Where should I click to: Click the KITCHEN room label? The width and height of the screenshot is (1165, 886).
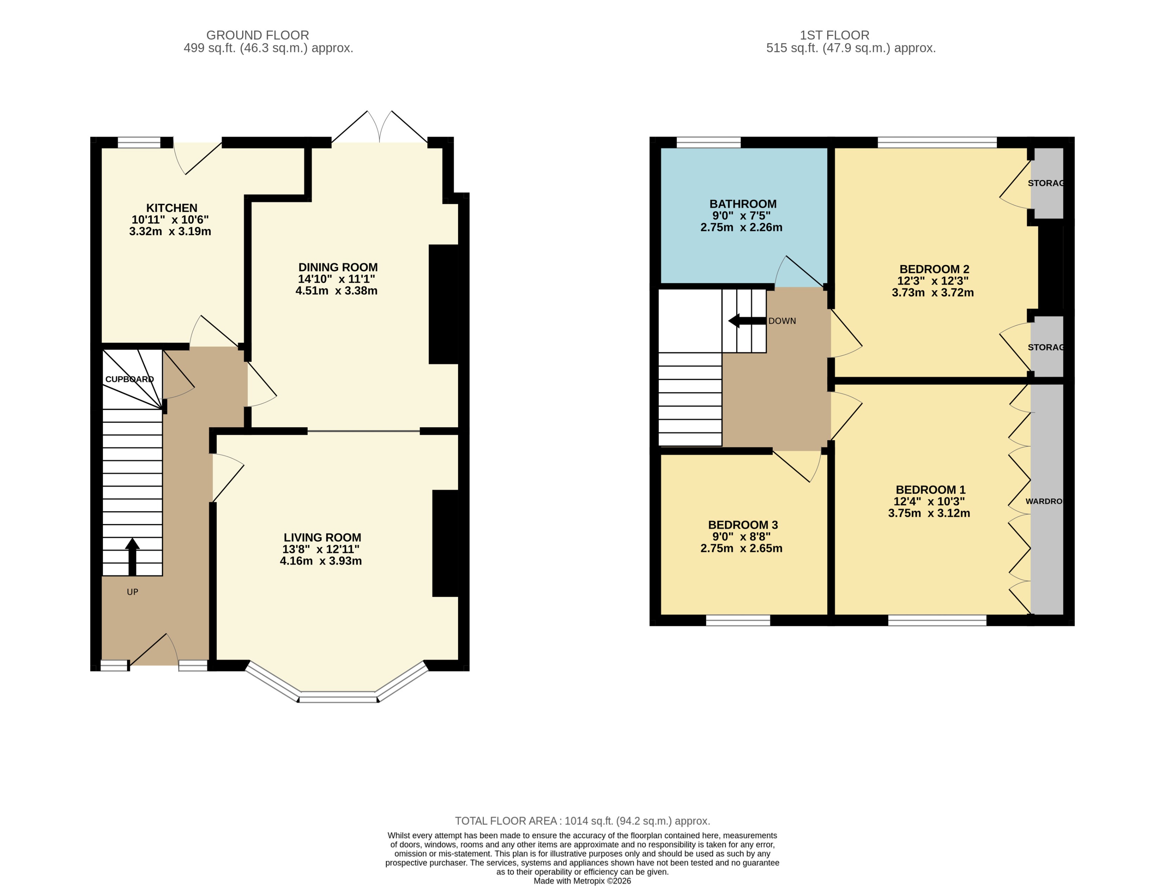pos(172,208)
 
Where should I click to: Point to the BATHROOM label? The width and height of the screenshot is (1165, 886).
pos(742,204)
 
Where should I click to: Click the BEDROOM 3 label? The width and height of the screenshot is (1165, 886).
pos(742,525)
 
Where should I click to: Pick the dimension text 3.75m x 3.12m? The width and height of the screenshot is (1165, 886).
pos(929,513)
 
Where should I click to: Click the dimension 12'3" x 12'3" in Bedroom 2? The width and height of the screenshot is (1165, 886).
pos(932,281)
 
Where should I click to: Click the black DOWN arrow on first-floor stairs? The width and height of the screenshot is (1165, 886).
pos(746,321)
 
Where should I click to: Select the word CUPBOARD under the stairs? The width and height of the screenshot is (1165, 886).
pos(129,379)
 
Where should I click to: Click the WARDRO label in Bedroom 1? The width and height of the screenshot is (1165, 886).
pos(1043,501)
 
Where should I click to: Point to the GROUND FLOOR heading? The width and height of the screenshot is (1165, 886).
pos(257,35)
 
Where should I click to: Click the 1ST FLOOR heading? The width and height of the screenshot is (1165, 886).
pos(834,35)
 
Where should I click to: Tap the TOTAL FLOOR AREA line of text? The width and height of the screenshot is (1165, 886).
pos(582,821)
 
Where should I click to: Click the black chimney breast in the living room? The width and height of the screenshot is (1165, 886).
pos(446,543)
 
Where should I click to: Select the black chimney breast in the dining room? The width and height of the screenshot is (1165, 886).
pos(444,304)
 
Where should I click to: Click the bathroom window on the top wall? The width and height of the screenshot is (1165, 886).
pos(708,142)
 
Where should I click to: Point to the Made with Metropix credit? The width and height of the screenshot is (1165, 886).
pos(582,881)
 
